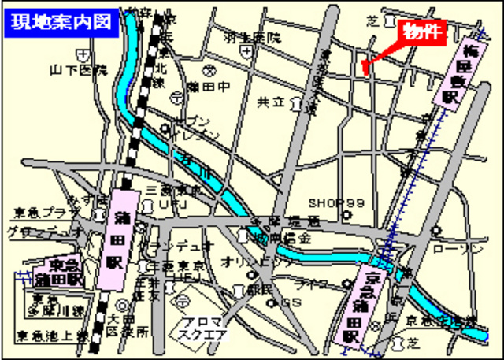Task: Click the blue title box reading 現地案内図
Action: [62, 21]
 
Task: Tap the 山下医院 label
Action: [78, 70]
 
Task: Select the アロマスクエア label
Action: [203, 327]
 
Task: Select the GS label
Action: [291, 302]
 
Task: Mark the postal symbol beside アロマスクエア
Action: [181, 302]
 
